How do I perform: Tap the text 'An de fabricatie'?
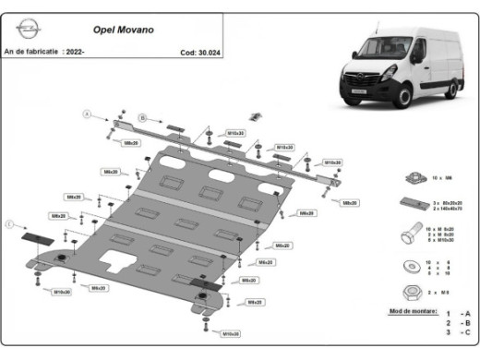click(30, 53)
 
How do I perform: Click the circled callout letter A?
click(88, 114)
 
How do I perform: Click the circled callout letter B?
click(143, 117)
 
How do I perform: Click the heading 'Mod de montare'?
click(411, 314)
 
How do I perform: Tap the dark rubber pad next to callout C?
click(35, 237)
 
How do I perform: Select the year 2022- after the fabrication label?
click(77, 53)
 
